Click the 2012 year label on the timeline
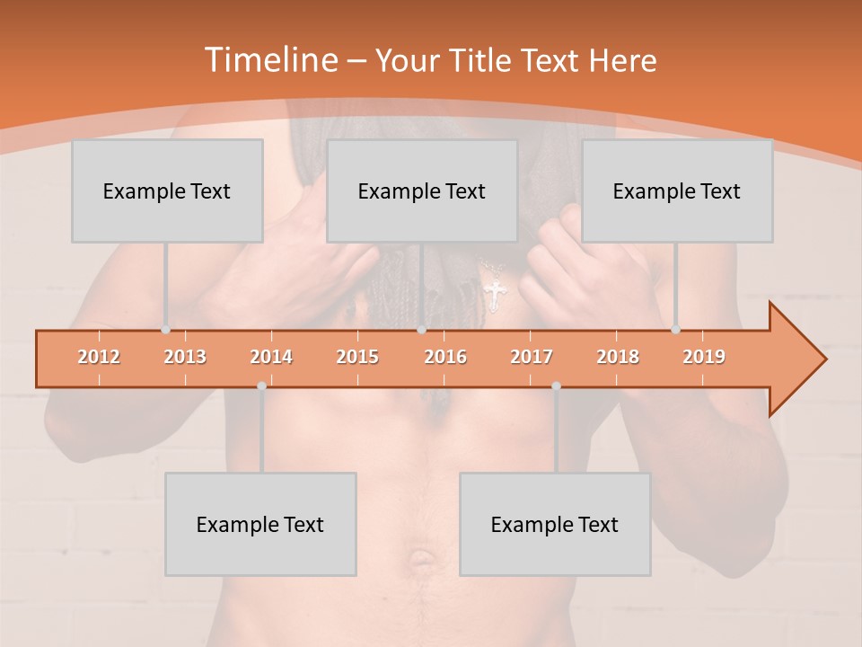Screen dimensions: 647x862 (x=99, y=357)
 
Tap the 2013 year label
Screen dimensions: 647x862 (x=185, y=357)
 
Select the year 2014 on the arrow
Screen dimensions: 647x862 (x=271, y=357)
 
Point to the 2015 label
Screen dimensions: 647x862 (x=357, y=357)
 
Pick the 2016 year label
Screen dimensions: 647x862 (x=445, y=357)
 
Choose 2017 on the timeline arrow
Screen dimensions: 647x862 (x=532, y=357)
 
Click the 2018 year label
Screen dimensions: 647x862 (x=618, y=357)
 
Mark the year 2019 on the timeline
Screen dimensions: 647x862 (x=704, y=357)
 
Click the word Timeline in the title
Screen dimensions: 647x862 (x=268, y=60)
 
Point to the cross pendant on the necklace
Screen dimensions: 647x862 (x=494, y=295)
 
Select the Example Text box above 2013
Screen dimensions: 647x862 (x=167, y=191)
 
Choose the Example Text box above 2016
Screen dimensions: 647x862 (x=422, y=191)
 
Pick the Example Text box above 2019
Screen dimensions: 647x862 (x=677, y=191)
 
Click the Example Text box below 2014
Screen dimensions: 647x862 (x=260, y=524)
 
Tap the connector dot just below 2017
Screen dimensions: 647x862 (x=556, y=386)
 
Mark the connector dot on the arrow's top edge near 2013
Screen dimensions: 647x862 (x=165, y=330)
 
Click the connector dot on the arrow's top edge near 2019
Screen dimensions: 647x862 (x=676, y=330)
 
